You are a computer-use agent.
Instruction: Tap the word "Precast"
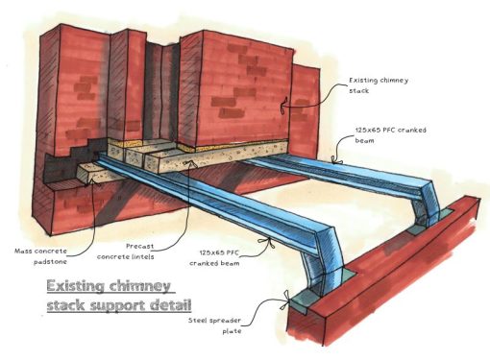114,246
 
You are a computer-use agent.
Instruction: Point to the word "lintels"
151,256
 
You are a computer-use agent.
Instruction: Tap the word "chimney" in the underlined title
140,286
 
